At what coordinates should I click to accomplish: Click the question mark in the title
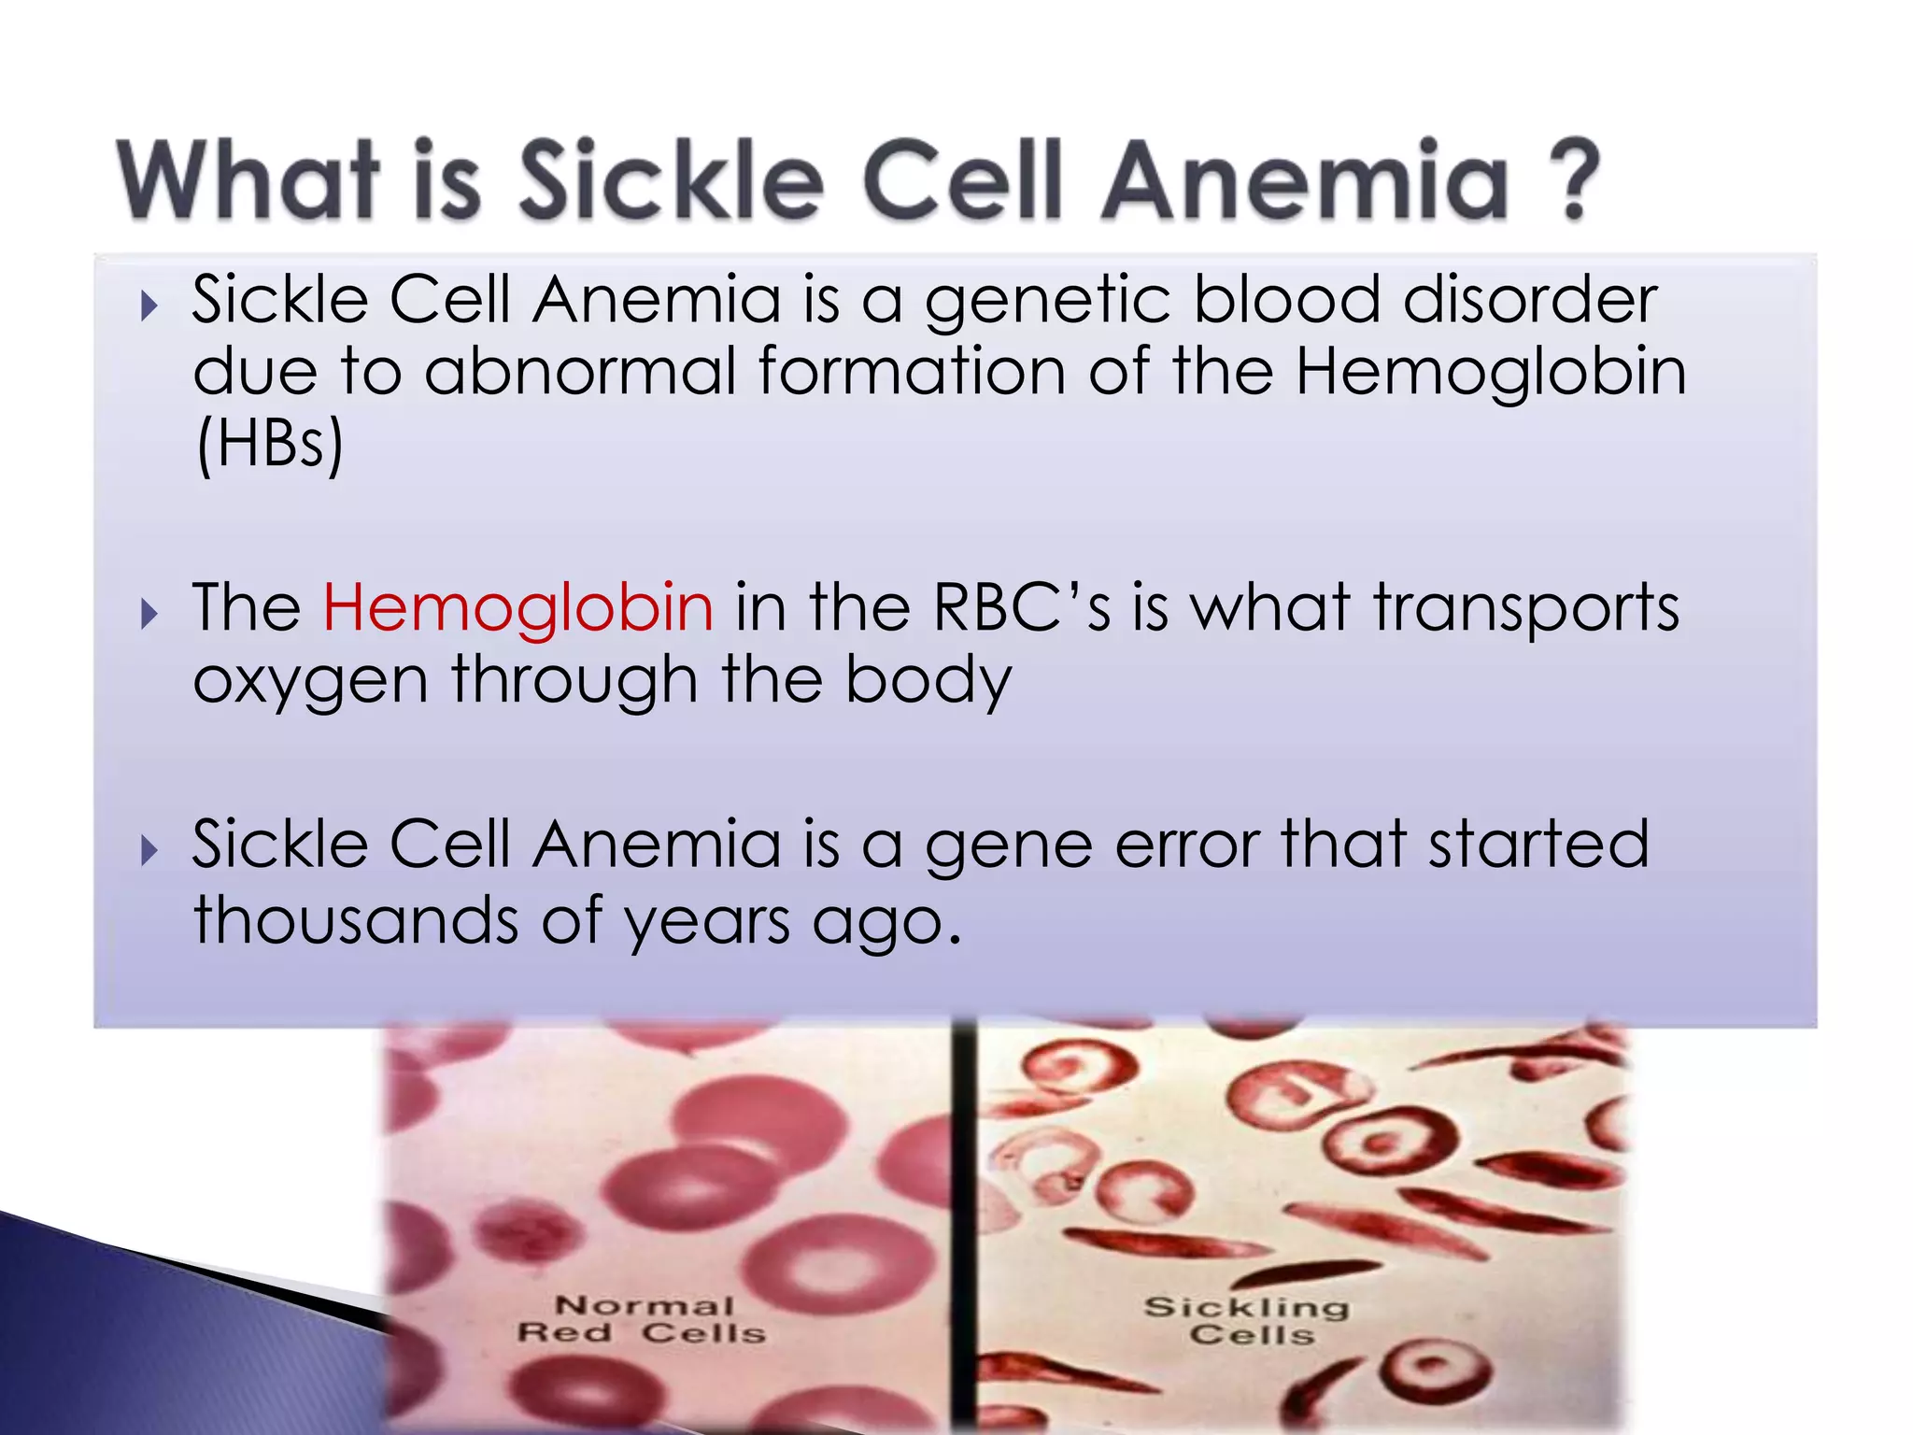[1575, 179]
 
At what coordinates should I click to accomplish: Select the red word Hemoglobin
[518, 607]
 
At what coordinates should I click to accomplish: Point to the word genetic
[1047, 301]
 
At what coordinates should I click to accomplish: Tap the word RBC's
[1022, 607]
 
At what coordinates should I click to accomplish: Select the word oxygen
[310, 680]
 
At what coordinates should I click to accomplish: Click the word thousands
[355, 920]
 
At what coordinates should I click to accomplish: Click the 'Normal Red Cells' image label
[643, 1318]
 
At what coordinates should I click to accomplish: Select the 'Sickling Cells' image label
[1247, 1319]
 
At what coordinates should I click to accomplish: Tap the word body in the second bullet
[928, 680]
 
